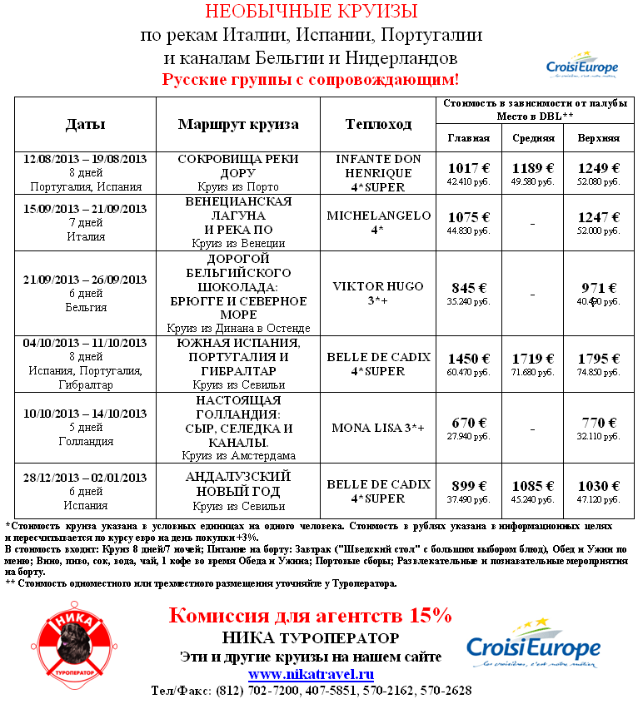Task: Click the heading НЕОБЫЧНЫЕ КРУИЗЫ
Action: tap(312, 12)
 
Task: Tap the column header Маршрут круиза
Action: tap(238, 125)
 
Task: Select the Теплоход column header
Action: tap(378, 125)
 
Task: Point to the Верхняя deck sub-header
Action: tap(598, 138)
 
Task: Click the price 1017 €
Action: tap(468, 167)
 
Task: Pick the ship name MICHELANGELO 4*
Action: tap(378, 221)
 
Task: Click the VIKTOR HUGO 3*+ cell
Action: tap(378, 293)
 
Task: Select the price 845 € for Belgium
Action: tap(468, 288)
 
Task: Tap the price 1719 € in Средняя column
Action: tap(533, 359)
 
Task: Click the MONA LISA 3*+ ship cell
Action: tap(378, 428)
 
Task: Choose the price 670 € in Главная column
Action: tap(468, 423)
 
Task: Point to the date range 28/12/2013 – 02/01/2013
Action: tap(86, 478)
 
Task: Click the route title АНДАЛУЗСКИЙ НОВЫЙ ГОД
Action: tap(238, 484)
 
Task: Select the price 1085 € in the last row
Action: tap(533, 486)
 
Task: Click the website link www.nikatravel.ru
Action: tap(312, 674)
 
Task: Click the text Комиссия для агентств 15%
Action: tap(310, 617)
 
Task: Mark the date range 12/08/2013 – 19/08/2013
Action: tap(86, 159)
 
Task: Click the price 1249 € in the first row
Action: tap(598, 167)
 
